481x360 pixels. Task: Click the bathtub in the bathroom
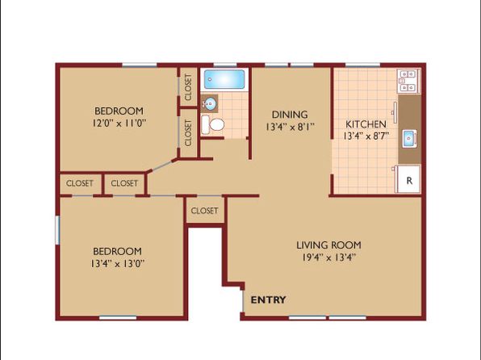coord(224,79)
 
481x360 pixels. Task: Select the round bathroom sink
coord(210,103)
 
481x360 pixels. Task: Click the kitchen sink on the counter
coord(409,139)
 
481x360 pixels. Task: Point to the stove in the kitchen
coord(408,82)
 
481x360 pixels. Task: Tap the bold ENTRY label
coord(269,299)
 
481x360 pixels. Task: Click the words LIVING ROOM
coord(328,245)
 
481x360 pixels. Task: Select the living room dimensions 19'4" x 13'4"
coord(328,257)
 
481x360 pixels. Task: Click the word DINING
coord(290,115)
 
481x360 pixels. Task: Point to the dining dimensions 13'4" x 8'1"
coord(290,127)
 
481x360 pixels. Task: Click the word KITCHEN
coord(366,124)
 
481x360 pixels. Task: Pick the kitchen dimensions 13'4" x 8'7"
coord(366,136)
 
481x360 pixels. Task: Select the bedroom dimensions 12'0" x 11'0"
coord(119,123)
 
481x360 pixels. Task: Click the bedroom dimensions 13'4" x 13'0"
coord(118,264)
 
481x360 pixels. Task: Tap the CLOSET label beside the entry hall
coord(204,211)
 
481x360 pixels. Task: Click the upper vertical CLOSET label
coord(188,87)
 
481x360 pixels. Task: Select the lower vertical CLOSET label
coord(188,133)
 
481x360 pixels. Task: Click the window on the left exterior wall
coord(57,230)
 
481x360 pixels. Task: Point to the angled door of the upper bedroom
coord(162,165)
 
